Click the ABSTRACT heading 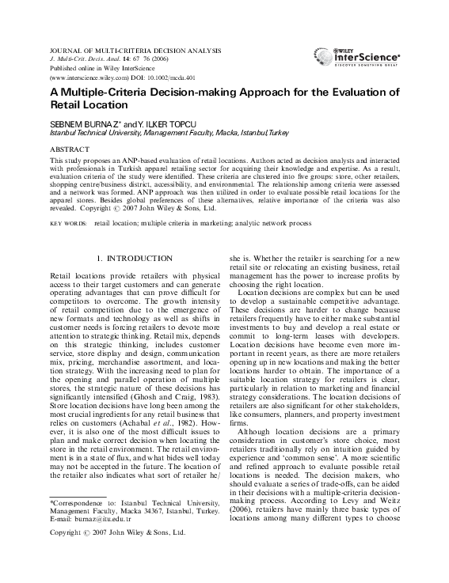(70, 149)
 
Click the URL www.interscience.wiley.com (89, 79)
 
